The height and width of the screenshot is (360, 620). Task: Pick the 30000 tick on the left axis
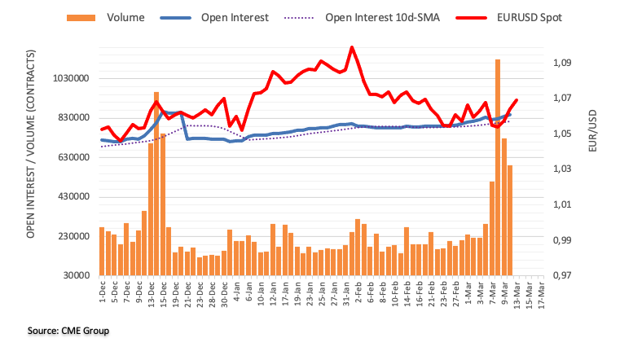pos(77,276)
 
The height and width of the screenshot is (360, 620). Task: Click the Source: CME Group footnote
pos(68,331)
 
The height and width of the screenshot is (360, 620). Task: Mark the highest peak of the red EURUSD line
pos(352,47)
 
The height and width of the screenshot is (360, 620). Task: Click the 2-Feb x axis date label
pos(358,292)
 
